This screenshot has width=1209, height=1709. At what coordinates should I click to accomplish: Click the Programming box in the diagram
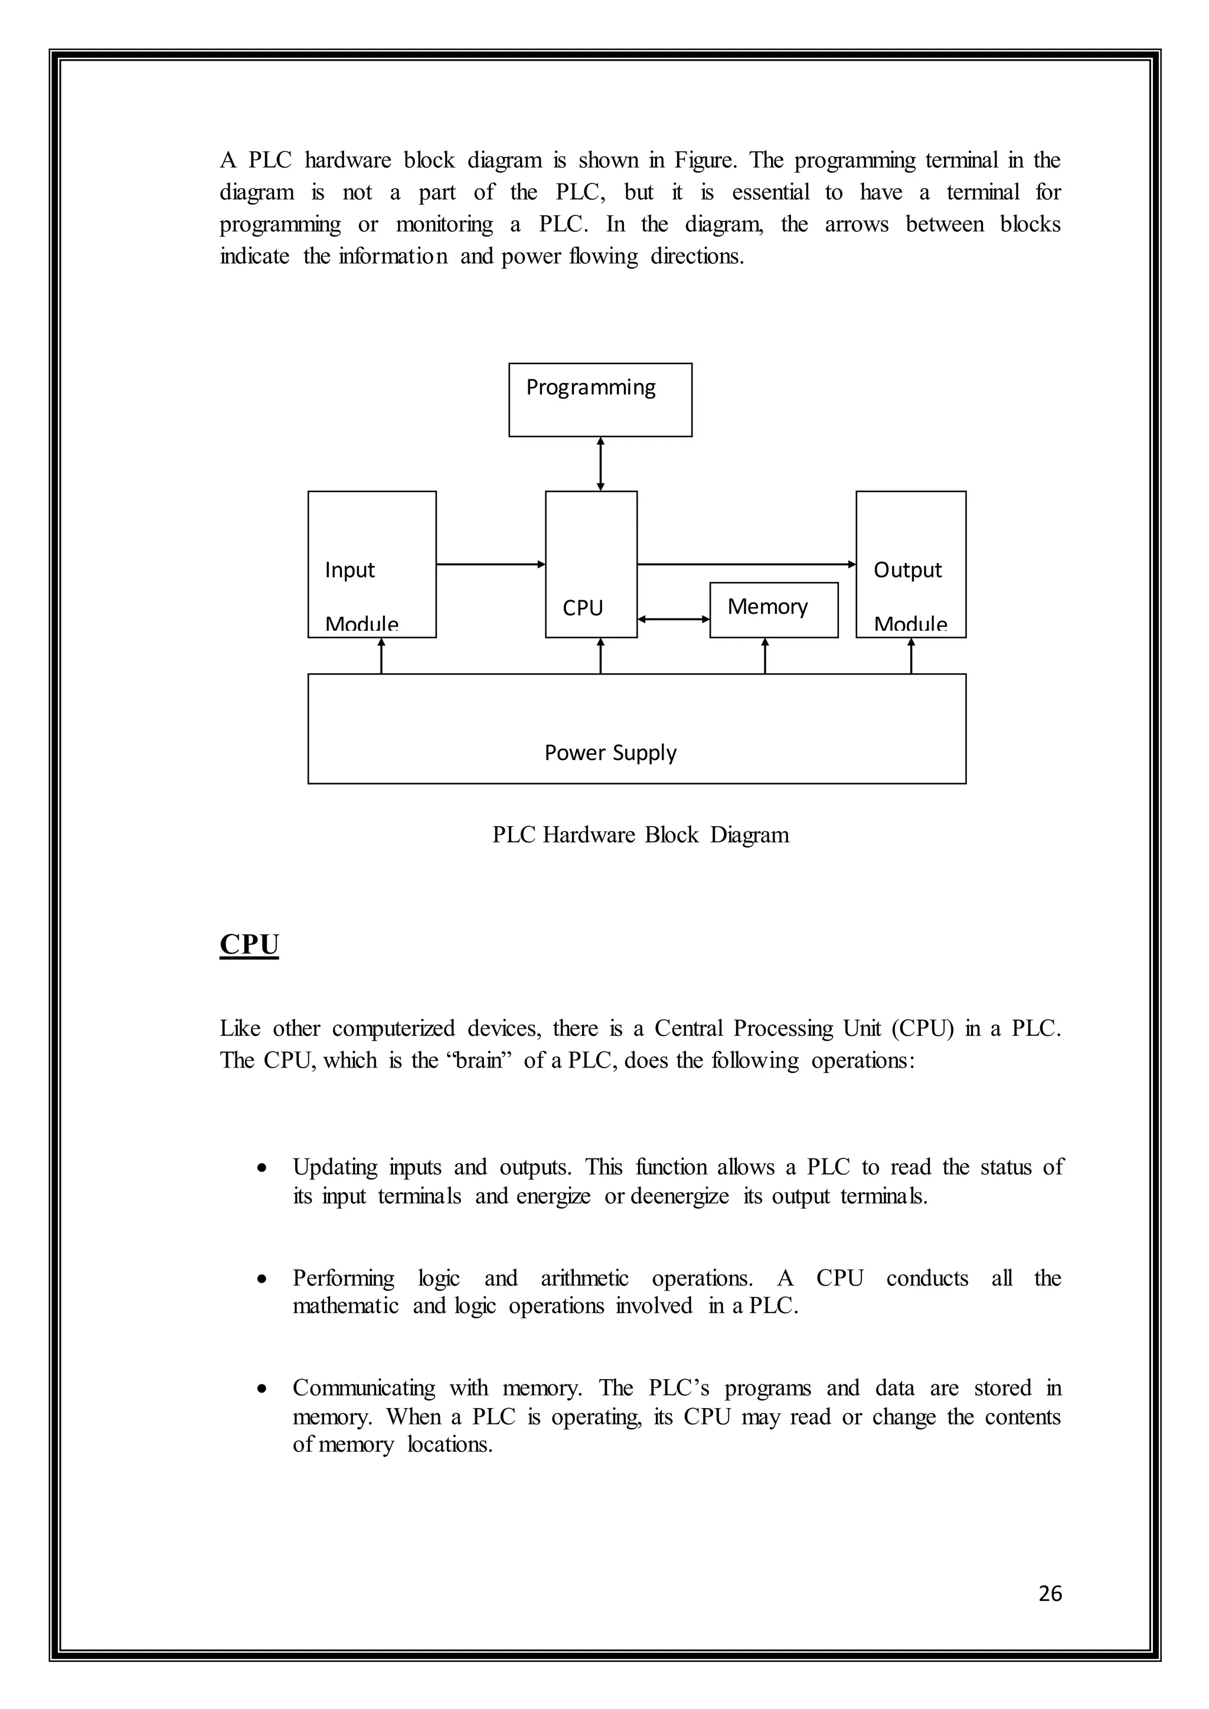600,400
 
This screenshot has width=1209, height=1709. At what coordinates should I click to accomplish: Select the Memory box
773,610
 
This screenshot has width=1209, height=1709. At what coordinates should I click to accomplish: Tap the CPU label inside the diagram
582,608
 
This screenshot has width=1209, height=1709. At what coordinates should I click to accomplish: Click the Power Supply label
610,752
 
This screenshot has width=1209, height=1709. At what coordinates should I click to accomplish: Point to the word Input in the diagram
349,570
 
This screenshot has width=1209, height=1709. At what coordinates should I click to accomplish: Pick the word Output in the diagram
907,570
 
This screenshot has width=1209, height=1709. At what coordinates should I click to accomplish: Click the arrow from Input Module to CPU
491,564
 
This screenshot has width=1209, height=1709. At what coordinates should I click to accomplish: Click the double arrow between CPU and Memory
674,618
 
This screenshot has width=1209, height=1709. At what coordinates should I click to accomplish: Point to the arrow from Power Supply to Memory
765,656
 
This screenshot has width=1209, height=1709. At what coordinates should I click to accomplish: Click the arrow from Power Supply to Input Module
381,656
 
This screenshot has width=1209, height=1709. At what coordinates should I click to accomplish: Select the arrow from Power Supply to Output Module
911,656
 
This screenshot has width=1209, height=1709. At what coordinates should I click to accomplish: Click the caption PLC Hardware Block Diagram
641,834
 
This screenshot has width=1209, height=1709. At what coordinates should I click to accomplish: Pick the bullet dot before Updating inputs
260,1168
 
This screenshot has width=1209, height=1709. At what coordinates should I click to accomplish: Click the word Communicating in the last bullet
363,1388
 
